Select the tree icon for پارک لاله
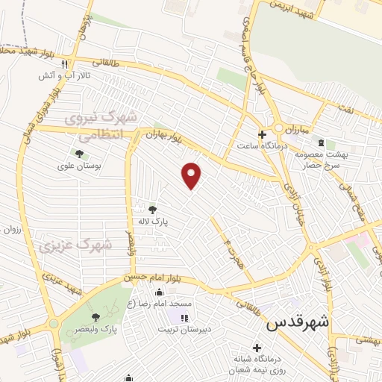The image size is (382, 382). tap(153, 210)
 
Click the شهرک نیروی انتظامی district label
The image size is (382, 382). tap(101, 127)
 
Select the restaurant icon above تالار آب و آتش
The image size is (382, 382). tap(65, 63)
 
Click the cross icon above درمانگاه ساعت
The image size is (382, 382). tap(261, 134)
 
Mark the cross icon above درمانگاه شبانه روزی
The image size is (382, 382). tap(257, 347)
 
